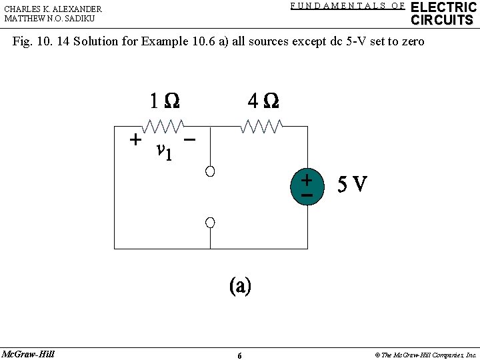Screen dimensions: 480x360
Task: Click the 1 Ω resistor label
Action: click(164, 101)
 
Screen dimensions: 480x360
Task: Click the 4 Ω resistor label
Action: click(263, 101)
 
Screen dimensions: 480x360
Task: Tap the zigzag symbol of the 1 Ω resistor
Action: click(163, 125)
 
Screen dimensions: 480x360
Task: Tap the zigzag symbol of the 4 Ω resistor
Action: click(262, 125)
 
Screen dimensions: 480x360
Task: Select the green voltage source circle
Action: click(307, 187)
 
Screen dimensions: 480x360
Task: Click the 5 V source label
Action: click(352, 184)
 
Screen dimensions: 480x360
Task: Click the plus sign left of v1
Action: click(135, 140)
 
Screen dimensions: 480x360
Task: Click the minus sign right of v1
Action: click(190, 140)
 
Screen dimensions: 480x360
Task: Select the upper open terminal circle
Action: click(210, 172)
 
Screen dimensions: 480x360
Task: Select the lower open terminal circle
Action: click(210, 222)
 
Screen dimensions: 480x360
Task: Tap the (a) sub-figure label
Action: click(240, 286)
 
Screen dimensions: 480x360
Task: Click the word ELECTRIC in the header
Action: click(443, 7)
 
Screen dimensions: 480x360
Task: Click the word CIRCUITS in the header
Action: click(442, 20)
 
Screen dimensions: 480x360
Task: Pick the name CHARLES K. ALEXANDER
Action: click(53, 9)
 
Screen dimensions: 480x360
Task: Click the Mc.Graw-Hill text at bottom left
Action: click(28, 354)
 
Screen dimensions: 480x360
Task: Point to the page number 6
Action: click(239, 355)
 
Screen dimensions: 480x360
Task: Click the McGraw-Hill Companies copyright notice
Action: click(426, 355)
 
